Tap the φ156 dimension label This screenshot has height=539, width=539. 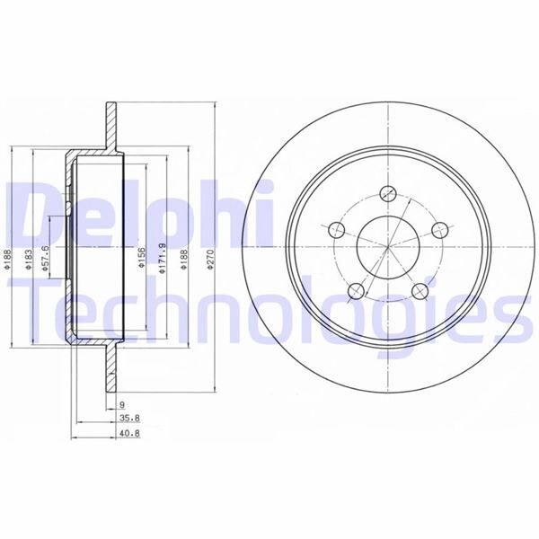141,260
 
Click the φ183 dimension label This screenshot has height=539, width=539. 30,261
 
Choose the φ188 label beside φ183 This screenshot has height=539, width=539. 7,261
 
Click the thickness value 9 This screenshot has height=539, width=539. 120,405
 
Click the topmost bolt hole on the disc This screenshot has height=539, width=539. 389,191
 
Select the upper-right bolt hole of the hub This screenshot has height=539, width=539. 440,231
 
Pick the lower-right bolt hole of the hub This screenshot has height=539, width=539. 420,289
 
